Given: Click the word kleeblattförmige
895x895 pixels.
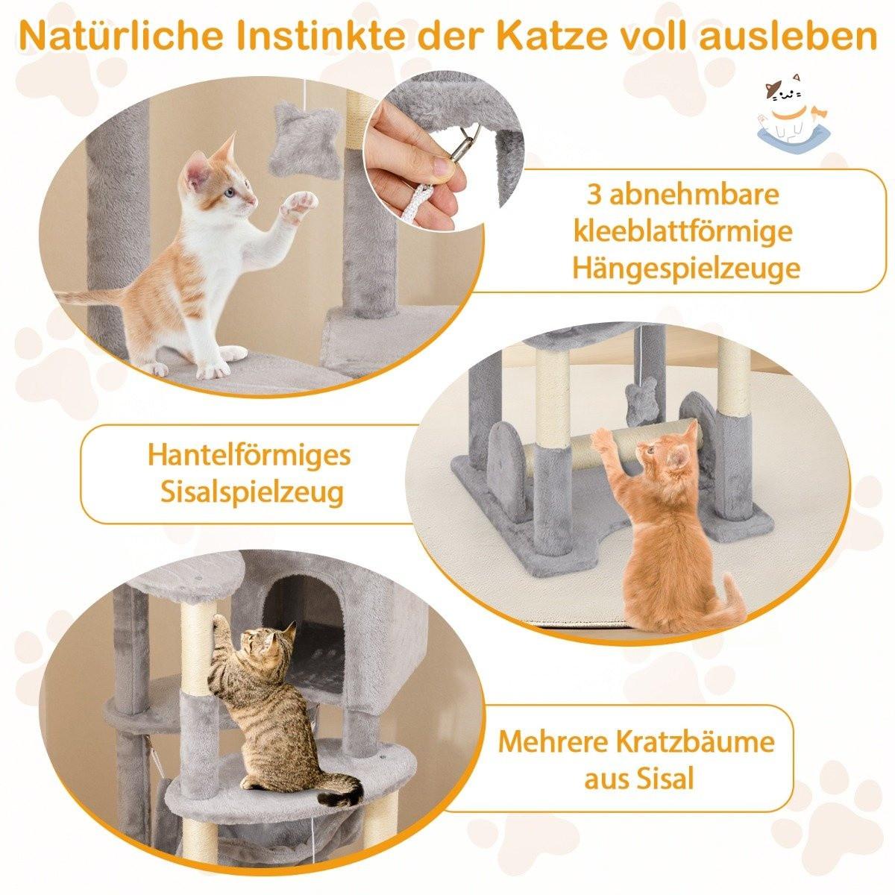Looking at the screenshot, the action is coord(682,231).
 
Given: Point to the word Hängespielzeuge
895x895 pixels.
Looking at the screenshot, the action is coord(686,268).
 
